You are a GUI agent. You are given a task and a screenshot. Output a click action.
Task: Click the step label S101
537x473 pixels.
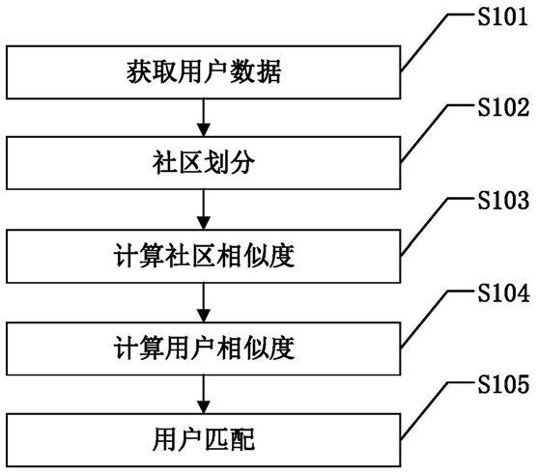point(502,16)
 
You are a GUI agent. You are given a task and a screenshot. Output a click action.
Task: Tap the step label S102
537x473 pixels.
point(503,107)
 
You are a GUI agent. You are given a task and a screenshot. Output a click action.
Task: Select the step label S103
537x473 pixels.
point(503,200)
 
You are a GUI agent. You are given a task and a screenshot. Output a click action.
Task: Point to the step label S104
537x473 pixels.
point(503,293)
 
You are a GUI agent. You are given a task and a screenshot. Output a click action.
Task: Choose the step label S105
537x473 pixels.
point(503,384)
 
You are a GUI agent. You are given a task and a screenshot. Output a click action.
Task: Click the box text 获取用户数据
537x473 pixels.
point(204,72)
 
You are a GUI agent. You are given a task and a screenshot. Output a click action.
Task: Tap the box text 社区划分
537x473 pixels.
point(204,163)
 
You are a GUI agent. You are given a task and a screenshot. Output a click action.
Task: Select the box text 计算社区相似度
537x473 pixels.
point(204,257)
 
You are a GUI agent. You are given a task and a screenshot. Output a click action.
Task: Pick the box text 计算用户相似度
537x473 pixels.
point(204,348)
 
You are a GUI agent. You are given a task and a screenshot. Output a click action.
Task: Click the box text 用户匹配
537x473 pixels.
point(204,440)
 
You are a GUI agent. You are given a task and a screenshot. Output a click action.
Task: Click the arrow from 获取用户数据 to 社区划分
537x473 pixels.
point(204,118)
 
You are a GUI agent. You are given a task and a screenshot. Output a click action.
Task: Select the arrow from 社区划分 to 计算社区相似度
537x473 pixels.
point(204,209)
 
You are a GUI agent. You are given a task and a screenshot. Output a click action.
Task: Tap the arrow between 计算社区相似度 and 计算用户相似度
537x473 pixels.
point(204,302)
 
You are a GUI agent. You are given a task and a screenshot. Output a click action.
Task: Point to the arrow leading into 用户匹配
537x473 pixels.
point(204,394)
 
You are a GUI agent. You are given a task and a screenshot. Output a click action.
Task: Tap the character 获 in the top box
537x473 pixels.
point(139,72)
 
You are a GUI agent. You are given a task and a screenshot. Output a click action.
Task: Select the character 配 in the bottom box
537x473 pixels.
point(242,440)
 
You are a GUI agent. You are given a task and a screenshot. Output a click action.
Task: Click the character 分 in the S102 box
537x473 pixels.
point(242,163)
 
